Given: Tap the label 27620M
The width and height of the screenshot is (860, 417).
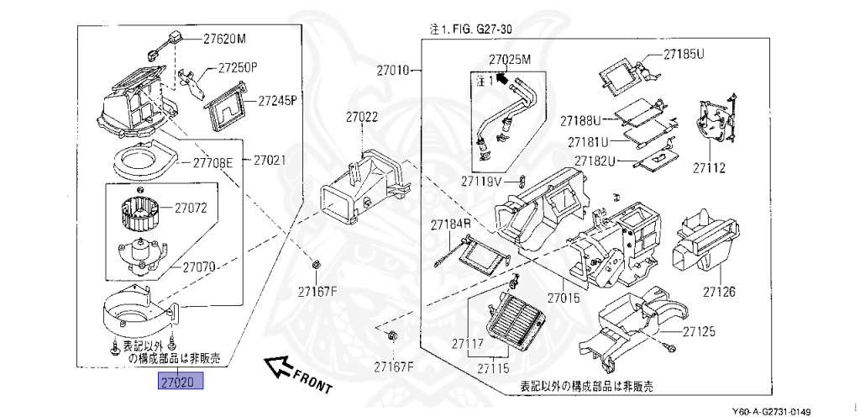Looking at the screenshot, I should pyautogui.click(x=225, y=38).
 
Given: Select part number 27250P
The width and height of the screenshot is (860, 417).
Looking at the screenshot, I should pyautogui.click(x=238, y=67).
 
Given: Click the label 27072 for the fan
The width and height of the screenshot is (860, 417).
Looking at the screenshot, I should pyautogui.click(x=191, y=207).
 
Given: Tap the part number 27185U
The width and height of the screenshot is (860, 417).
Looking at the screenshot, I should pyautogui.click(x=683, y=54).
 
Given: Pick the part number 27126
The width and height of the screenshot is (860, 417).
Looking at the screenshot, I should pyautogui.click(x=719, y=292).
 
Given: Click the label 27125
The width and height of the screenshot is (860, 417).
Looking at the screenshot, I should pyautogui.click(x=699, y=332).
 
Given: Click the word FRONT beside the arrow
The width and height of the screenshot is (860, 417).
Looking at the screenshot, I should pyautogui.click(x=313, y=381).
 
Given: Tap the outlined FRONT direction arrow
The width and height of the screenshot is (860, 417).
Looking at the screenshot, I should pyautogui.click(x=277, y=365).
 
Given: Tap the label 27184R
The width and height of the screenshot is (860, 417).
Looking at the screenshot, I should pyautogui.click(x=451, y=225).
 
